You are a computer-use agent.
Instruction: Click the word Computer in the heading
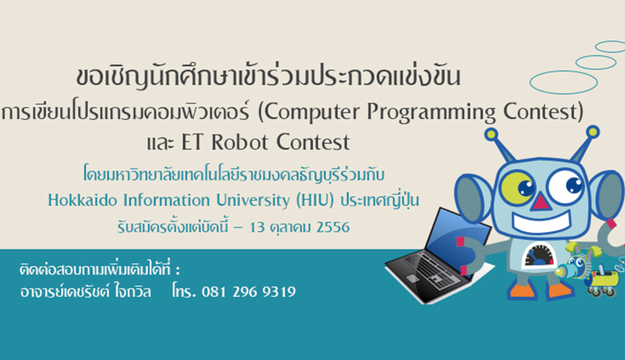pyautogui.click(x=311, y=112)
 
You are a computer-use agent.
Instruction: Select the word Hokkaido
pyautogui.click(x=82, y=200)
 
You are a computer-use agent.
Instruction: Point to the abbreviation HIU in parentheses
pyautogui.click(x=315, y=200)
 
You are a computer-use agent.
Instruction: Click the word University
pyautogui.click(x=253, y=200)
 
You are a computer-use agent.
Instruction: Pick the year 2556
pyautogui.click(x=333, y=227)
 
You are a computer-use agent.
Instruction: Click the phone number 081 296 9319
pyautogui.click(x=248, y=291)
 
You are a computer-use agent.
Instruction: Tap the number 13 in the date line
pyautogui.click(x=257, y=227)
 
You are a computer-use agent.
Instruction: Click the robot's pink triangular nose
pyautogui.click(x=540, y=202)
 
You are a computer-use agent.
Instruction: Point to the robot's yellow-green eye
pyautogui.click(x=517, y=188)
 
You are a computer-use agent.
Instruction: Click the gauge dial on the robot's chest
pyautogui.click(x=538, y=255)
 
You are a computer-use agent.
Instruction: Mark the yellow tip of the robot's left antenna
pyautogui.click(x=491, y=134)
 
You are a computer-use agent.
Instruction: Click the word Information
pyautogui.click(x=166, y=200)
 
